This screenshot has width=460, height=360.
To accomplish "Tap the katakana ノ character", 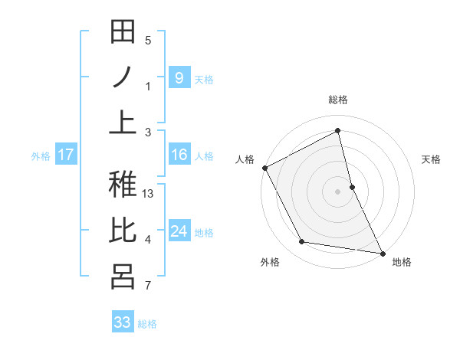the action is pos(123,77).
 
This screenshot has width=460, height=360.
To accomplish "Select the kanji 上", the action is pos(123,123).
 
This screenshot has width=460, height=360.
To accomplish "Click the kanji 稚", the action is pos(123,185).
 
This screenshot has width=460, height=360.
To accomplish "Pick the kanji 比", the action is pos(123,231).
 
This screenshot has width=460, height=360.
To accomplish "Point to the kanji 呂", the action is pos(123,277).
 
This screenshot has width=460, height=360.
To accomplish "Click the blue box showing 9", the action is pos(179,77).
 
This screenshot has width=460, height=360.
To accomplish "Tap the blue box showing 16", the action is pos(179,155).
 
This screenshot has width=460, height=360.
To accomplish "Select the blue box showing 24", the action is pos(179,231).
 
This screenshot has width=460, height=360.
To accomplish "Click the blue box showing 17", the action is pos(65,155).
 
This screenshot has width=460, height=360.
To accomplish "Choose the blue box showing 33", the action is pos(123,322).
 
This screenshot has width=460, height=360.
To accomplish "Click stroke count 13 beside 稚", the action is pos(149,194).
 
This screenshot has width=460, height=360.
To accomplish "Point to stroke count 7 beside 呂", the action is pos(148,286).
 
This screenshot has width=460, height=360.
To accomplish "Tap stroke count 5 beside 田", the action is pos(148,41).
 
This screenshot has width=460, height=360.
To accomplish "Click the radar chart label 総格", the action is pos(338,100).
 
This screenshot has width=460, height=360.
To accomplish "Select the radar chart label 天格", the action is pos(432,159).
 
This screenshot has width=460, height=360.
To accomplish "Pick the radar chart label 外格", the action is pos(270,262).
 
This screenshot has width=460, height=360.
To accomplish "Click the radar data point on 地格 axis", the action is pos(382,251).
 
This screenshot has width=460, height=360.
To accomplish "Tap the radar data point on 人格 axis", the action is pos(264,168).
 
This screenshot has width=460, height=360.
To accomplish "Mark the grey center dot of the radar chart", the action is pos(337,191).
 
